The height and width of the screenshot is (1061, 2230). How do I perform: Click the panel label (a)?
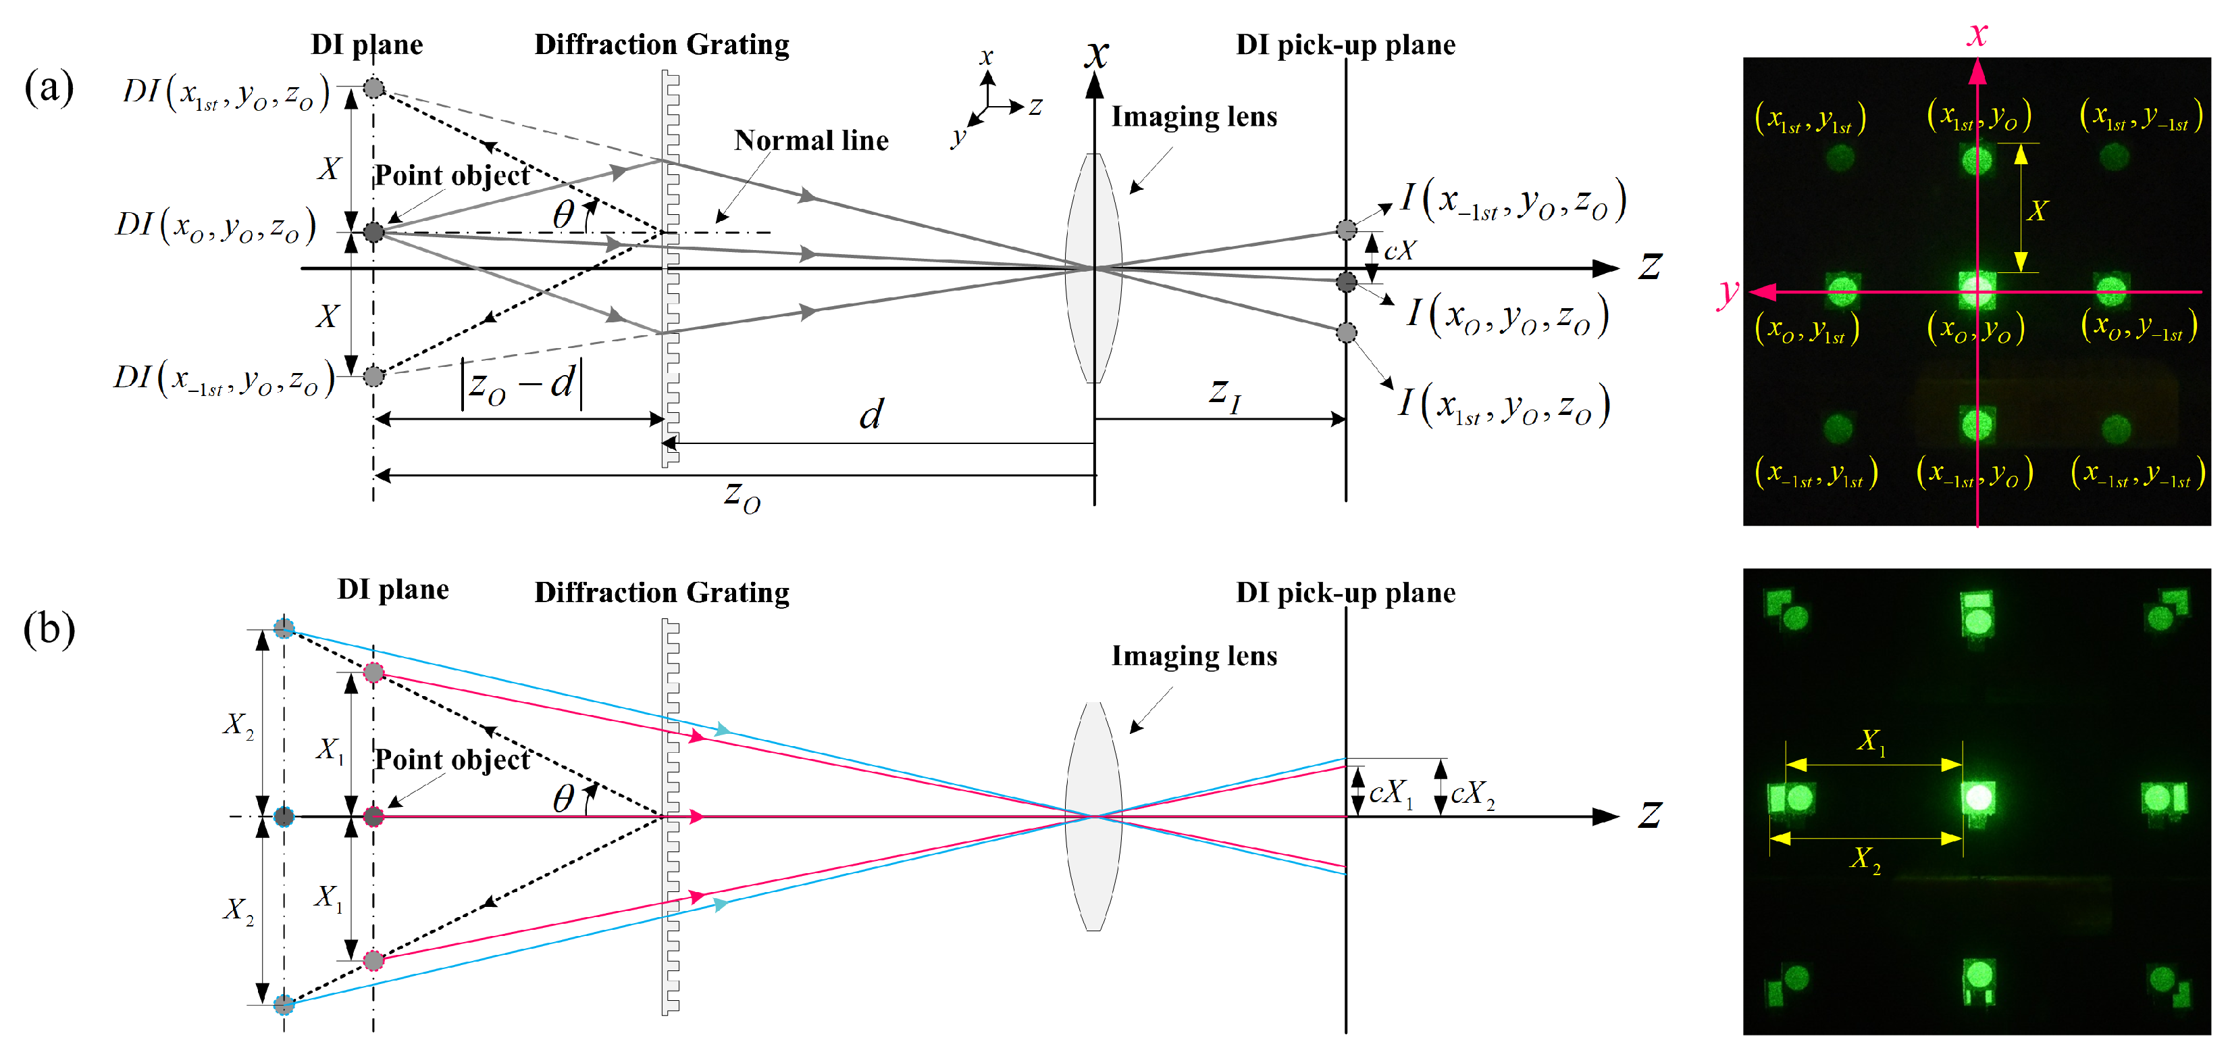pos(49,87)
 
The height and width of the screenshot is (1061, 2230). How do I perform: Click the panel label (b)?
pos(49,630)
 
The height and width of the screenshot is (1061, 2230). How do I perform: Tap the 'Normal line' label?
pos(811,141)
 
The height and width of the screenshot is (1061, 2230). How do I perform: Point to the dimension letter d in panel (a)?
pos(872,414)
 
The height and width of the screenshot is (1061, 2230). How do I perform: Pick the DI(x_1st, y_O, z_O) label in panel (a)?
pos(226,92)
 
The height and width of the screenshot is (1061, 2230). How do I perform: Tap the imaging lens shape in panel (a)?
pos(1094,268)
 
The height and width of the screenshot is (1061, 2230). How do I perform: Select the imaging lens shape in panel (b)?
pos(1094,816)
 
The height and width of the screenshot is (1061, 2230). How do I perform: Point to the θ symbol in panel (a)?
pos(563,214)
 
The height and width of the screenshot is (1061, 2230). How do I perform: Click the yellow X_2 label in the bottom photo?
pos(1865,858)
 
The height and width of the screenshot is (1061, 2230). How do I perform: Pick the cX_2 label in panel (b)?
pos(1472,793)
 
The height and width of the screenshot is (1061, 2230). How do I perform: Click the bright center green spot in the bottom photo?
pos(1979,797)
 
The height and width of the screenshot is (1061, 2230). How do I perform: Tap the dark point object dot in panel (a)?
pos(373,232)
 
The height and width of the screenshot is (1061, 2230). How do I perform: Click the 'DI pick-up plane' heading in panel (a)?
pos(1345,45)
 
